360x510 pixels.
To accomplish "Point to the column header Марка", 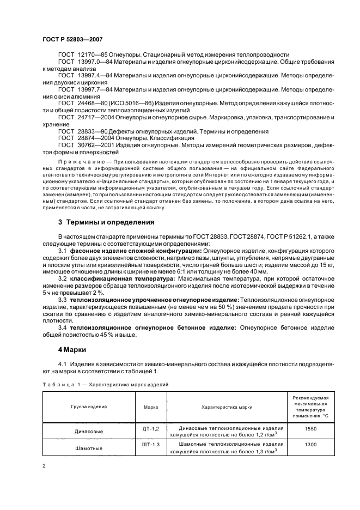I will [x=150, y=406].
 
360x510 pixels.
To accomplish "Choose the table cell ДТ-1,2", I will [x=150, y=429].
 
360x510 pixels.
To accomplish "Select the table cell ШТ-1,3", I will [x=150, y=444].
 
